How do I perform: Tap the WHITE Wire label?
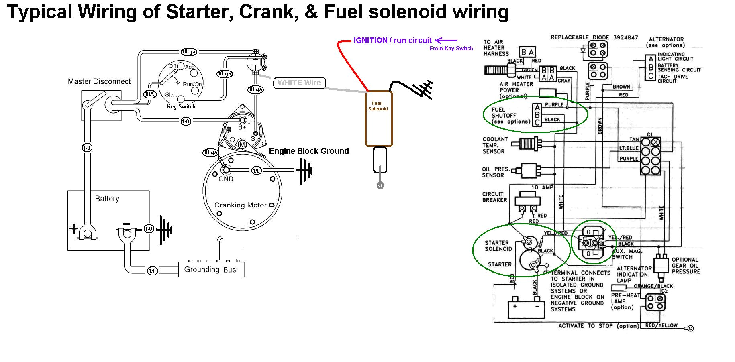(x=299, y=83)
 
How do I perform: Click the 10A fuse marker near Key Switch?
(x=149, y=94)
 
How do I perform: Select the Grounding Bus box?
(x=211, y=270)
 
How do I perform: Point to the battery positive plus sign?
(x=73, y=229)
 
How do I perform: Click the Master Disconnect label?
(x=99, y=81)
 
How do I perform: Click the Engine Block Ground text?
(x=308, y=151)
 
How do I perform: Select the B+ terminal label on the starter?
(x=242, y=127)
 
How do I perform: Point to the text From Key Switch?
(x=451, y=48)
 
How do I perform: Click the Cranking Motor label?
(x=240, y=205)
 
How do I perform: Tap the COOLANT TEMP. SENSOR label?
(x=495, y=145)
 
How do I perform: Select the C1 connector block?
(x=650, y=156)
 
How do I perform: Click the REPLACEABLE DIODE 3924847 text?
(x=594, y=37)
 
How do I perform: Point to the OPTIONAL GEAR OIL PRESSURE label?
(x=685, y=266)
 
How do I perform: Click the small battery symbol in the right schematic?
(x=522, y=309)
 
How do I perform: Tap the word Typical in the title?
(x=40, y=12)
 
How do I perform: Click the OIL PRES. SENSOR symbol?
(x=530, y=170)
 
